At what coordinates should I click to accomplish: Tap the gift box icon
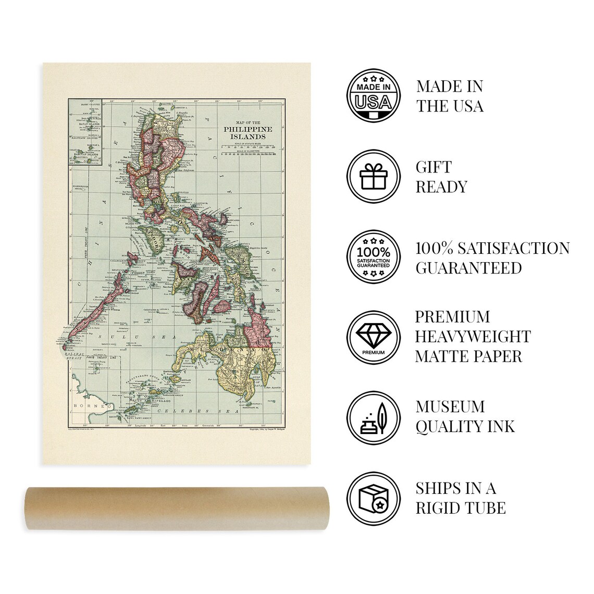[373, 177]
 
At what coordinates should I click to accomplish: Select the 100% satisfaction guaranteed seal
[373, 257]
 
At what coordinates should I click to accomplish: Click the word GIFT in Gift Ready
[433, 167]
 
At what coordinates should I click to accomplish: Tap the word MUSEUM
[450, 406]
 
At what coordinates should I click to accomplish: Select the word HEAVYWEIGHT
[473, 337]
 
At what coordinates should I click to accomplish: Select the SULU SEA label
[123, 338]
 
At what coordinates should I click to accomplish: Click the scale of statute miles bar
[248, 147]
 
